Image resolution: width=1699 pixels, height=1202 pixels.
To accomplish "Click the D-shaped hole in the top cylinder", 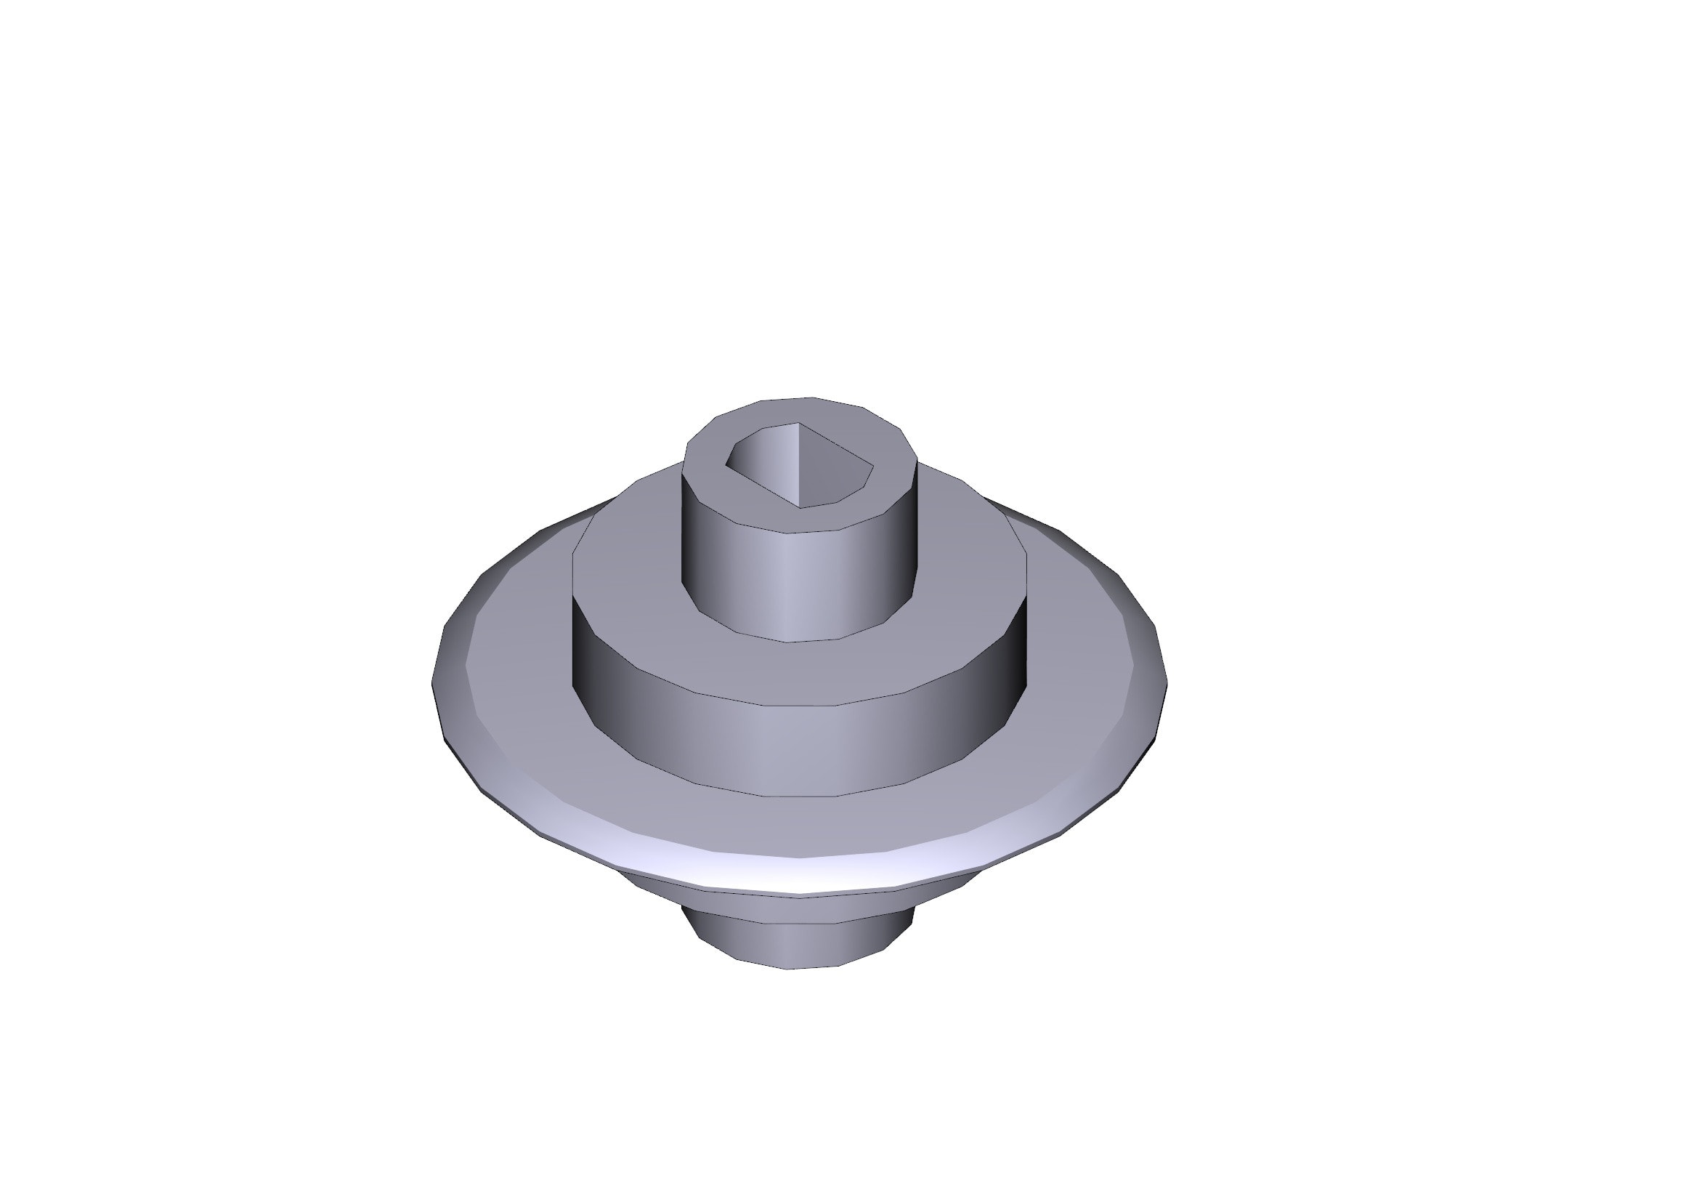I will coord(799,467).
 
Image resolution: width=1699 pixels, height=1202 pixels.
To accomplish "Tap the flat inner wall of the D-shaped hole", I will coord(832,470).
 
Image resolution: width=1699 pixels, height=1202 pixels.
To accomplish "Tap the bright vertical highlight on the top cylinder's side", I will coord(789,585).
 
